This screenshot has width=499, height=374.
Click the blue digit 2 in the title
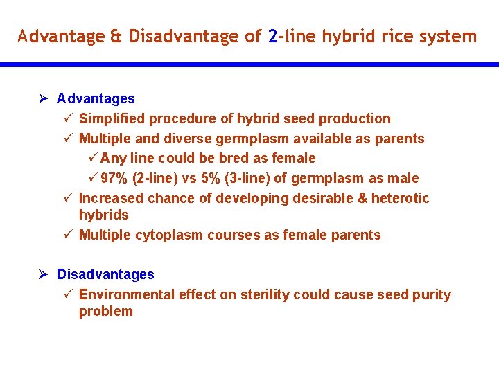tap(272, 36)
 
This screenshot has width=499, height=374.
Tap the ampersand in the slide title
tap(116, 36)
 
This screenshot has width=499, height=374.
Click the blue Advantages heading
tap(96, 99)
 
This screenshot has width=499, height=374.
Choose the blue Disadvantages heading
tap(105, 275)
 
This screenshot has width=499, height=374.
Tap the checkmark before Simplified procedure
tap(67, 119)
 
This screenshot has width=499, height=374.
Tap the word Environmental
tap(126, 295)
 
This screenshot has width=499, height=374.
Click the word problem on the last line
tap(105, 312)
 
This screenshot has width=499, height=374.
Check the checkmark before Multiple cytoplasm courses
tap(67, 235)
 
